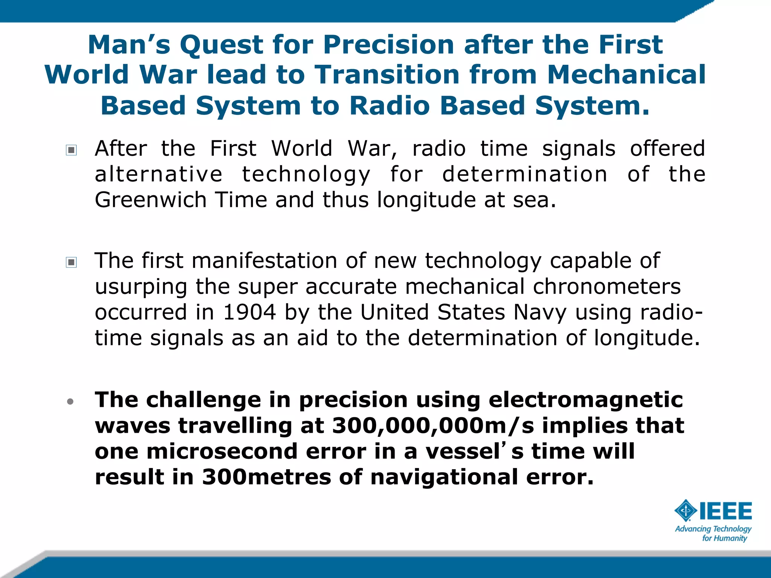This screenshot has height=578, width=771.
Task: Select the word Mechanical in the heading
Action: tap(626, 75)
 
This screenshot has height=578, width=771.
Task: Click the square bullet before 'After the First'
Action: tap(71, 150)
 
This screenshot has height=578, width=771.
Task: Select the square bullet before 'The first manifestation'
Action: tap(71, 262)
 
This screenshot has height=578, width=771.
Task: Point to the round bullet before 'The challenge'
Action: tap(70, 402)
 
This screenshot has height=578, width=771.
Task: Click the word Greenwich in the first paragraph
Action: tap(150, 200)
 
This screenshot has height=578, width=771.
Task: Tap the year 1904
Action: tap(249, 312)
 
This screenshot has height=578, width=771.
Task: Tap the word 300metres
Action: tap(266, 477)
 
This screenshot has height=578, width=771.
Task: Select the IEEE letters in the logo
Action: tap(725, 511)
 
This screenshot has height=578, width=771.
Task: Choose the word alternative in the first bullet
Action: tap(158, 175)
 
